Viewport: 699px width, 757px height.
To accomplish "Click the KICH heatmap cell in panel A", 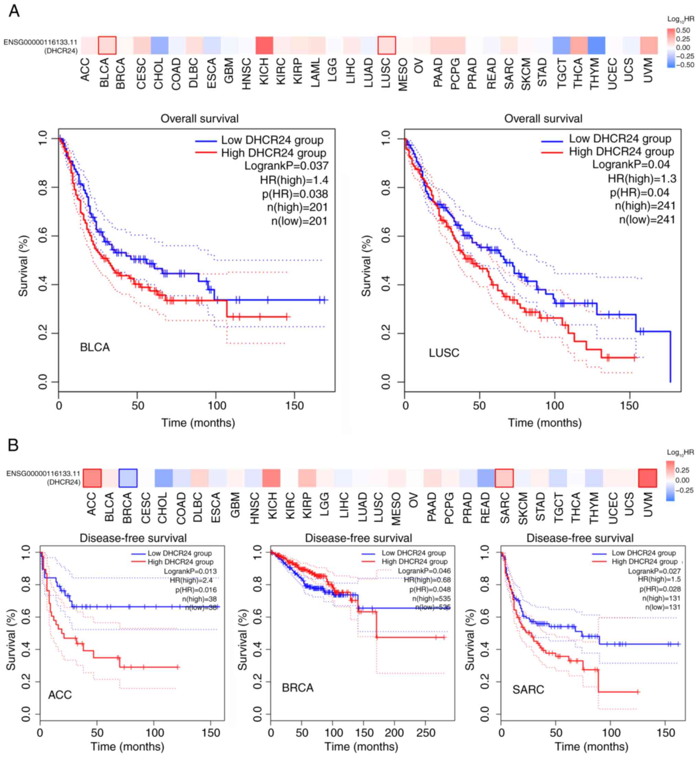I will pyautogui.click(x=264, y=45).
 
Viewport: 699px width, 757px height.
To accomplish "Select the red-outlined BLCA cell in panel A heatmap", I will pyautogui.click(x=107, y=45).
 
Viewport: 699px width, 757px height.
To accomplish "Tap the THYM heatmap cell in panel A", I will pyautogui.click(x=596, y=45).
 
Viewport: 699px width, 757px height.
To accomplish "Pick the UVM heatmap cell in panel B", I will pyautogui.click(x=647, y=478).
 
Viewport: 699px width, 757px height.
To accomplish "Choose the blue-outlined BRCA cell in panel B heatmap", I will pyautogui.click(x=128, y=478).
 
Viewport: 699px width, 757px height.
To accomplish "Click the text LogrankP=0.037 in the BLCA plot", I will pyautogui.click(x=286, y=166).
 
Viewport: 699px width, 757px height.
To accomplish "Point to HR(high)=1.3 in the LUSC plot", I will pyautogui.click(x=642, y=179).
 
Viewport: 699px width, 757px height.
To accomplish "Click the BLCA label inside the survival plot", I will pyautogui.click(x=95, y=347).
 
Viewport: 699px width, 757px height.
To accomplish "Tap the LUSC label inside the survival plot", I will pyautogui.click(x=444, y=353).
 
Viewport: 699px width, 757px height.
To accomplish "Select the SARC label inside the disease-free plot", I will pyautogui.click(x=528, y=690).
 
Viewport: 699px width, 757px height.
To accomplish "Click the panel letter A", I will pyautogui.click(x=14, y=11).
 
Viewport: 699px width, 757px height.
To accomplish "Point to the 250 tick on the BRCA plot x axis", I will pyautogui.click(x=426, y=733).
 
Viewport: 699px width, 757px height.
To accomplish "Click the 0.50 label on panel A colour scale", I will pyautogui.click(x=683, y=30).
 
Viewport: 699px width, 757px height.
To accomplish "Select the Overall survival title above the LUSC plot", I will pyautogui.click(x=543, y=119).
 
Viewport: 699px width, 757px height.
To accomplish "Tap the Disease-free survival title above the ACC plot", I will pyautogui.click(x=133, y=538).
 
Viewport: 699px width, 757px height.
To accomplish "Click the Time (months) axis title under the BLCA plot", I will pyautogui.click(x=198, y=422).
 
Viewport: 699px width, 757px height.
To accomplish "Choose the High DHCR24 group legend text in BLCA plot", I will pyautogui.click(x=273, y=153).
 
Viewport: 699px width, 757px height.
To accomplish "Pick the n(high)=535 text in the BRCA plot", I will pyautogui.click(x=431, y=598).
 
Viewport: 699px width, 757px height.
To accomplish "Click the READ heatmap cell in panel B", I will pyautogui.click(x=486, y=478).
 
